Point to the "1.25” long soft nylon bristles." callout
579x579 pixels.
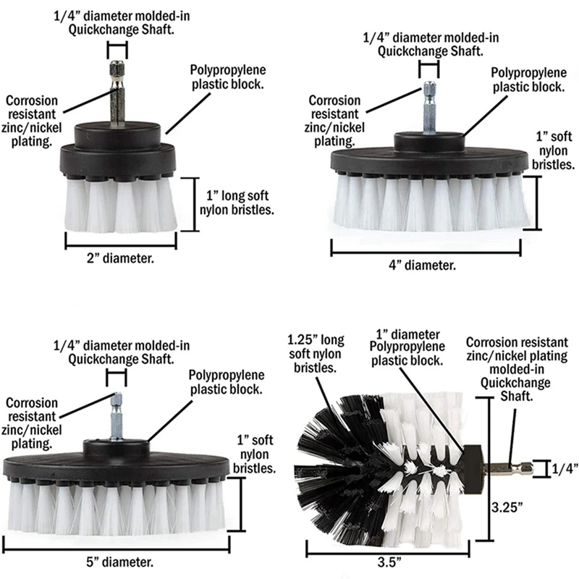[x=316, y=353]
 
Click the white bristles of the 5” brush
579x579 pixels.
[x=116, y=510]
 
